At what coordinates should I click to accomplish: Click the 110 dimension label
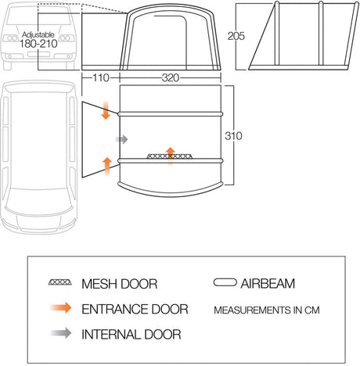[101, 78]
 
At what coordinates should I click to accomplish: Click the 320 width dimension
[171, 78]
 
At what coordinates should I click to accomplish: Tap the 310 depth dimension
[233, 136]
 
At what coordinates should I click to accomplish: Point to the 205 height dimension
[236, 36]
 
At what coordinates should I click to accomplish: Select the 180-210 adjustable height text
[38, 44]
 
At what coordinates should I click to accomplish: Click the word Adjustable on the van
[38, 34]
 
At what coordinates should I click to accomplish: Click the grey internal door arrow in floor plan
[122, 139]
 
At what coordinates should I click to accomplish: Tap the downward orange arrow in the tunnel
[106, 110]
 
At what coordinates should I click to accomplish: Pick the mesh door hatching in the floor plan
[170, 156]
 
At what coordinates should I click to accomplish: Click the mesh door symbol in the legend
[60, 282]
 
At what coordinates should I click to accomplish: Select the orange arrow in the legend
[61, 308]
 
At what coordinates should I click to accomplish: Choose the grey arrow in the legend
[61, 333]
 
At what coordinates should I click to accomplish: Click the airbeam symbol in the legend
[225, 282]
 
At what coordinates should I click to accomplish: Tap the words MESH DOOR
[120, 284]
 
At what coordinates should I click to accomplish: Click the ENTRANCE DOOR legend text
[135, 309]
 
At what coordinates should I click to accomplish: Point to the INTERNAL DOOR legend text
[131, 335]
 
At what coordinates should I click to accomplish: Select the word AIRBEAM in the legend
[268, 284]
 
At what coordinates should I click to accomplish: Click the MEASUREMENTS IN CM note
[267, 310]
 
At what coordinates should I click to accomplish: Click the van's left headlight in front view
[11, 38]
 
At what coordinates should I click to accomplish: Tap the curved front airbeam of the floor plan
[171, 190]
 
